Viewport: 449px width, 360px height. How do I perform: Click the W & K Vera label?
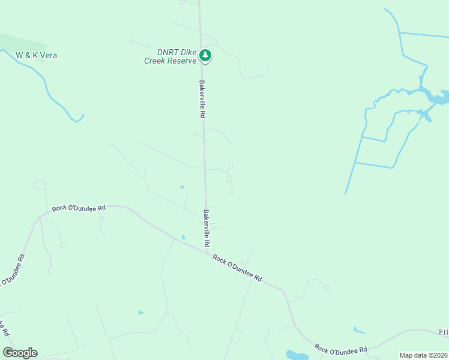coord(36,55)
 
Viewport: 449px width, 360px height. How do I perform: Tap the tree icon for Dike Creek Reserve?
coord(206,56)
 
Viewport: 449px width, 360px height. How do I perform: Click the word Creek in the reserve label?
coord(155,61)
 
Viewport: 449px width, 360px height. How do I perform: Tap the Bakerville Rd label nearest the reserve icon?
coord(203,99)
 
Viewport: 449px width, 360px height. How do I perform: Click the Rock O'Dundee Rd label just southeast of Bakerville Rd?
coord(238,268)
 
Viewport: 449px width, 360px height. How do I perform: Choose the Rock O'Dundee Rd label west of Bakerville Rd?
coord(79,208)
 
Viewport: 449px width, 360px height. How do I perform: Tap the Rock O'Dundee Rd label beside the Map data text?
coord(341,349)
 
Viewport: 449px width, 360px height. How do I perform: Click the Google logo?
coord(20,353)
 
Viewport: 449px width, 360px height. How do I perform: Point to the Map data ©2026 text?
coord(423,355)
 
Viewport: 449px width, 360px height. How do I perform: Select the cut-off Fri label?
coord(443,332)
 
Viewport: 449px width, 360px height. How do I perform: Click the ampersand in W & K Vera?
coord(28,55)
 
